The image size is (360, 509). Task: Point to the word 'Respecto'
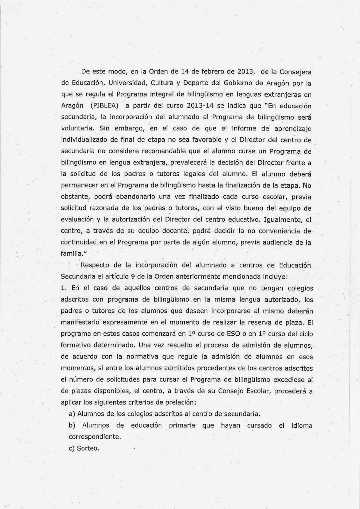tap(95, 266)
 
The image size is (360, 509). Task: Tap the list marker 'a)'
tap(72, 414)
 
